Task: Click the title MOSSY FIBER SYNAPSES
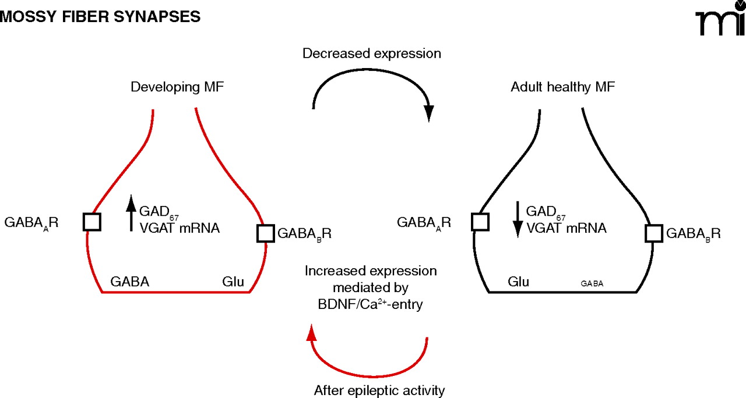[101, 17]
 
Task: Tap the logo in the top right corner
[720, 22]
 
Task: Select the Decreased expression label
[371, 54]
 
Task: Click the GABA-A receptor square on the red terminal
[92, 222]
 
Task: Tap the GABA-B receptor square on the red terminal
[266, 233]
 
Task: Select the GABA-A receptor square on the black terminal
[480, 222]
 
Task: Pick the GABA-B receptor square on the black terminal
[654, 233]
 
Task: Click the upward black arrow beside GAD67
[131, 214]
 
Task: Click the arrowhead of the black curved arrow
[430, 113]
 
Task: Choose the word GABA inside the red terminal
[130, 282]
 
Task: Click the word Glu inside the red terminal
[233, 282]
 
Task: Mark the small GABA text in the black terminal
[592, 284]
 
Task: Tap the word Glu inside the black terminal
[518, 282]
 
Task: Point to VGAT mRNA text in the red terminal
[180, 229]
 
